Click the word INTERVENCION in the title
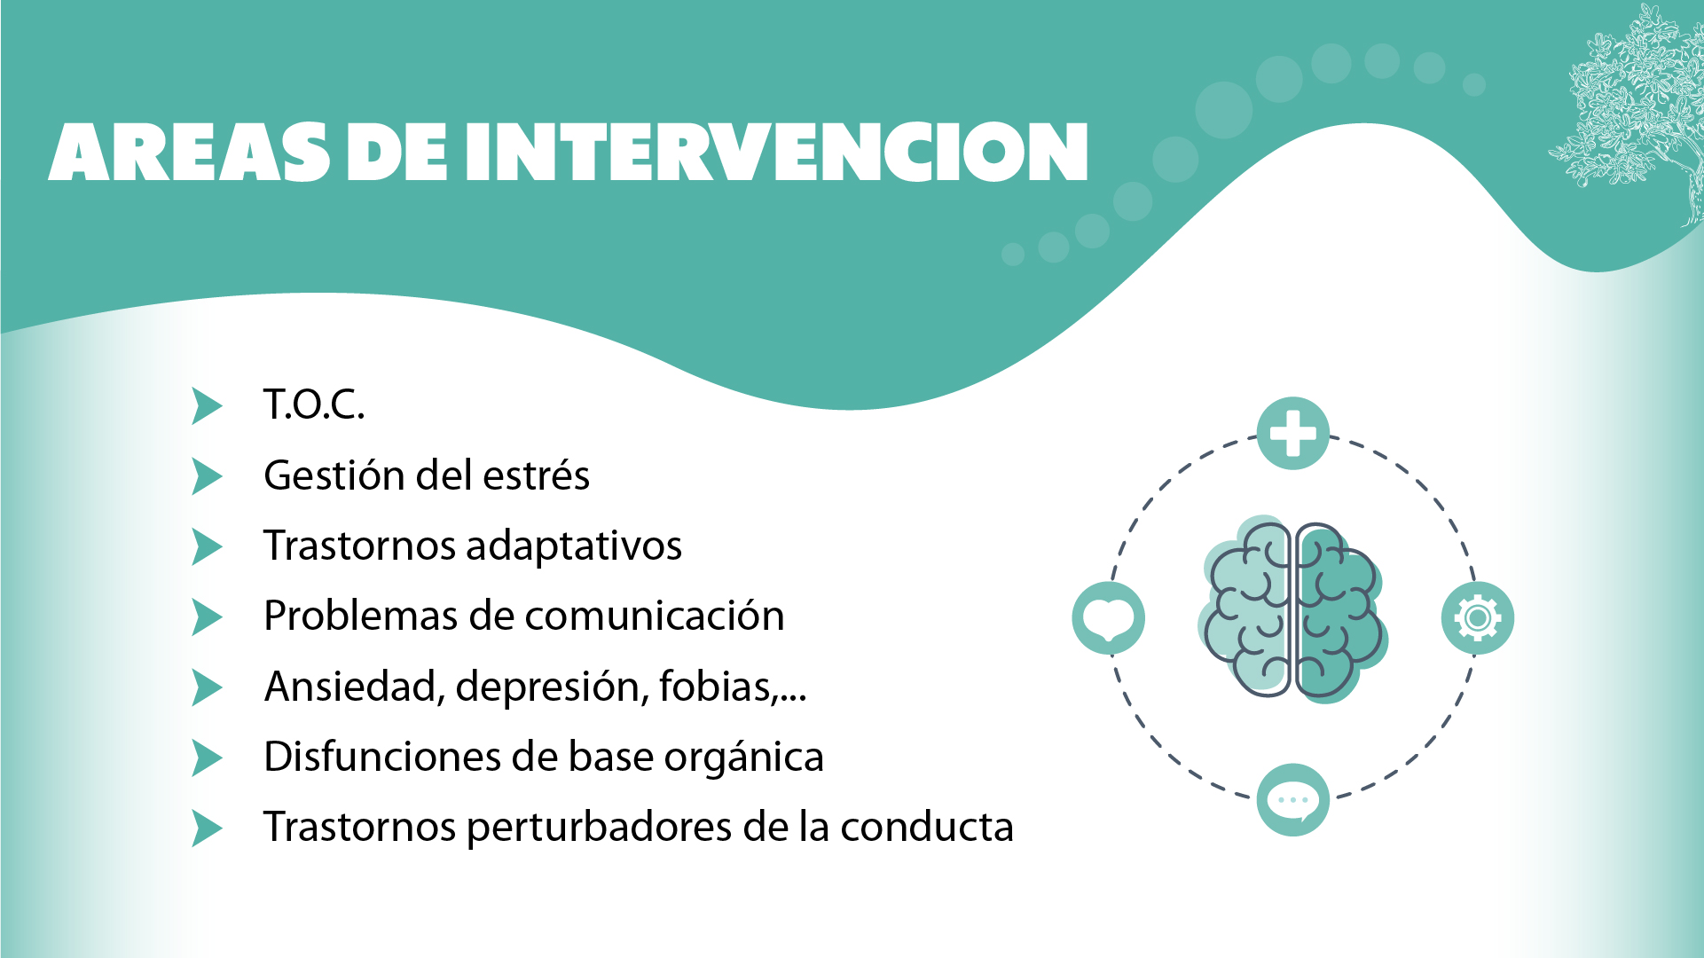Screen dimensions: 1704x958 click(776, 152)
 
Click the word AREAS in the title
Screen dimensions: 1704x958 click(189, 152)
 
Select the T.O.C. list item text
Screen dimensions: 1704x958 click(314, 404)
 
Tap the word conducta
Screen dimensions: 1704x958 click(927, 827)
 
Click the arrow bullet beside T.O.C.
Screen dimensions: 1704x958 click(207, 405)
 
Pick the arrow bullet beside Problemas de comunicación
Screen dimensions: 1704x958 click(207, 616)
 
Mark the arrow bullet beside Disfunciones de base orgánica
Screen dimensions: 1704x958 click(207, 758)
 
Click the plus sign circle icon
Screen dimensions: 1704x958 click(1292, 433)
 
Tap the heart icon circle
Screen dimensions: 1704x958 click(1109, 618)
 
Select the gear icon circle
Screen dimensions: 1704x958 click(1478, 617)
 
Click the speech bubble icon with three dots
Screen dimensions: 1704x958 click(1293, 800)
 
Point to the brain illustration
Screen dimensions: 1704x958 click(1293, 610)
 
